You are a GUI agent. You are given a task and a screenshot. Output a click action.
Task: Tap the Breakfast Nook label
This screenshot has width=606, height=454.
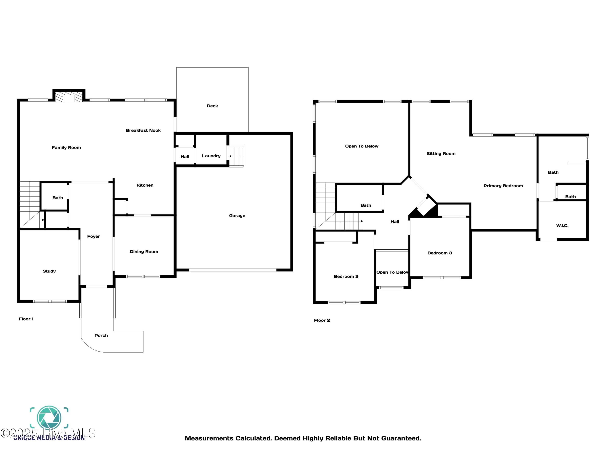click(143, 131)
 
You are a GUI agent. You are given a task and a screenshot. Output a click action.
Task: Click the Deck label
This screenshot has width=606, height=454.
click(212, 106)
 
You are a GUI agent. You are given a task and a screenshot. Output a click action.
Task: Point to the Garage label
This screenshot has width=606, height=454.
click(237, 216)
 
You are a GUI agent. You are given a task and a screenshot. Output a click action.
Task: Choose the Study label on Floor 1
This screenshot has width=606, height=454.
click(49, 271)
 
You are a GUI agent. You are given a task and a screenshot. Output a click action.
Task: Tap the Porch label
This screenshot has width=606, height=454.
click(101, 336)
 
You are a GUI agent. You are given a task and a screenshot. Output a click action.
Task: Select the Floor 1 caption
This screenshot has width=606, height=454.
click(26, 319)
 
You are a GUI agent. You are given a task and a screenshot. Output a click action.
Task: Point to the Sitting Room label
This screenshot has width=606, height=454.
click(441, 154)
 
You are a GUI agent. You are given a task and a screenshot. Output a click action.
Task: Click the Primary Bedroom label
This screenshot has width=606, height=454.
click(503, 186)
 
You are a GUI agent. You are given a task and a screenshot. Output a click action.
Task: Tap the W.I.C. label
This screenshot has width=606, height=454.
click(562, 226)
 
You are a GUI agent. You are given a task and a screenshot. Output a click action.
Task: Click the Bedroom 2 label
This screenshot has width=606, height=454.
click(346, 277)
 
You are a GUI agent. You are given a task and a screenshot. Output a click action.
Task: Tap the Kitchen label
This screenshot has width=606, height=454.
click(145, 185)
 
